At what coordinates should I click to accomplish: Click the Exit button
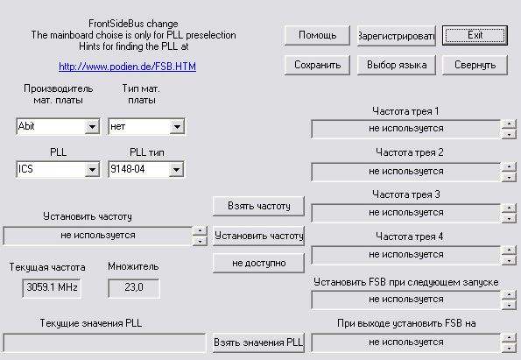coord(475,35)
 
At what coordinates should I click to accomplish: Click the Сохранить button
coord(317,65)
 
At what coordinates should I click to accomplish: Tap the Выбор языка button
coord(397,65)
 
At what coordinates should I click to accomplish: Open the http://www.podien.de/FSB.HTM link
coord(127,67)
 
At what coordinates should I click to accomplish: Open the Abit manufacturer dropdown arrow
coord(92,127)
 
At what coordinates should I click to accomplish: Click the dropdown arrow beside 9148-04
coord(176,170)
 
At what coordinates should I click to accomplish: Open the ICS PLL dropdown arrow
coord(92,170)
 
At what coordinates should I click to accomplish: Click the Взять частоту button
coord(258,206)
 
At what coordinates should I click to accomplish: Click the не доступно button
coord(258,263)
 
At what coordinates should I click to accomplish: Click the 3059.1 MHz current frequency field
coord(52,287)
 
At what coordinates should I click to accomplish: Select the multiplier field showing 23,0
coord(134,287)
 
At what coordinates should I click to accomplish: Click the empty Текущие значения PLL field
coord(105,342)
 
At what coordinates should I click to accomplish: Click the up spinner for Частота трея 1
coord(509,124)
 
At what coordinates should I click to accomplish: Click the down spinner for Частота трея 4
coord(509,260)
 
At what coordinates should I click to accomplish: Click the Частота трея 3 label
coord(406,194)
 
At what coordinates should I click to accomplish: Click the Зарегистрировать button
coord(397,35)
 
